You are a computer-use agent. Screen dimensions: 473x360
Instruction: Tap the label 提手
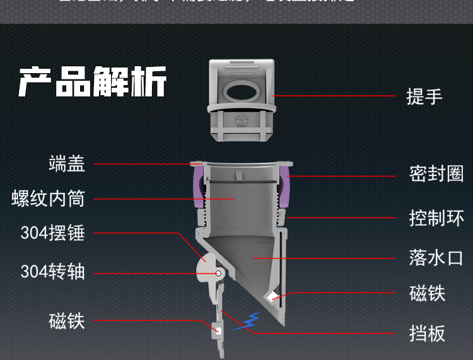click(x=424, y=96)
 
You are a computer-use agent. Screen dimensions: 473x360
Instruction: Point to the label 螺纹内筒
click(x=48, y=198)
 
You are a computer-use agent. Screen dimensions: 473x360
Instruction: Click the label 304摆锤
click(x=52, y=233)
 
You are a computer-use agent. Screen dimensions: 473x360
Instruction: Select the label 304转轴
click(x=52, y=272)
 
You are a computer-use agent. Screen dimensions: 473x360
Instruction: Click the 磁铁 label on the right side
click(x=427, y=293)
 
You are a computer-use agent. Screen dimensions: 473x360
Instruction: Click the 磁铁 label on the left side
click(x=66, y=321)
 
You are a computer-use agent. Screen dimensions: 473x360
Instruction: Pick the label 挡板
click(x=427, y=333)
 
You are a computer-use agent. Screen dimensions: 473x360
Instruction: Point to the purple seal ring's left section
click(x=197, y=187)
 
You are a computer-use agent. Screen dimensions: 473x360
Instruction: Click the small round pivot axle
click(x=218, y=274)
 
